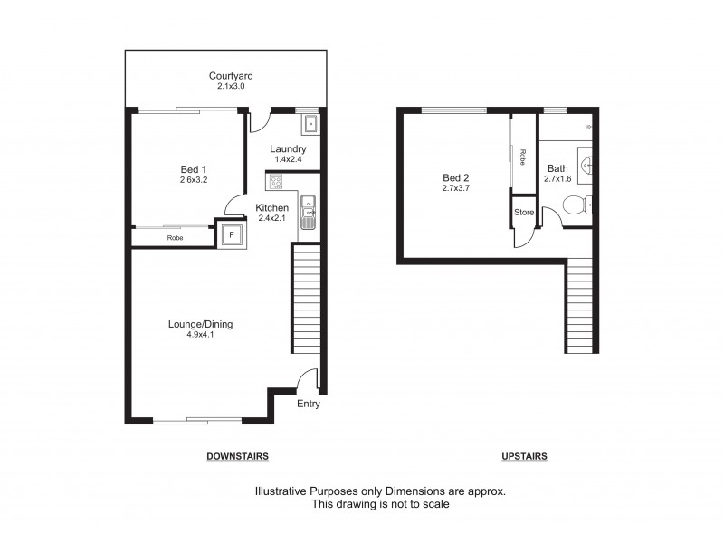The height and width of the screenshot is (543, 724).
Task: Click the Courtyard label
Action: tap(231, 76)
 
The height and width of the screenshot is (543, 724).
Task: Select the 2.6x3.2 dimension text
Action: tap(194, 180)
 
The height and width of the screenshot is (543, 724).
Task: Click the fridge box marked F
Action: tap(231, 234)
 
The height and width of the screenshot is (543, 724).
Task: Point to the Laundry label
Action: tap(288, 149)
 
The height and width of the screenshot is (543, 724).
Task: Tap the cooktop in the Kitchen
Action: tap(275, 181)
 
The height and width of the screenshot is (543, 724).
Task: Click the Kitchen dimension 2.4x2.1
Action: tap(272, 218)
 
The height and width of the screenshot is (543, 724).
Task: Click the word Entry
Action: tap(309, 405)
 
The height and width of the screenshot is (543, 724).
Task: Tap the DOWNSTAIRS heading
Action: tap(237, 456)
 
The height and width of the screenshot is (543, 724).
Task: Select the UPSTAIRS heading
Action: tap(525, 456)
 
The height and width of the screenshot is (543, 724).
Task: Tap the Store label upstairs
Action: tap(524, 213)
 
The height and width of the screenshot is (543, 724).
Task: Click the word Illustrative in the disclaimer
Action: tap(281, 491)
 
